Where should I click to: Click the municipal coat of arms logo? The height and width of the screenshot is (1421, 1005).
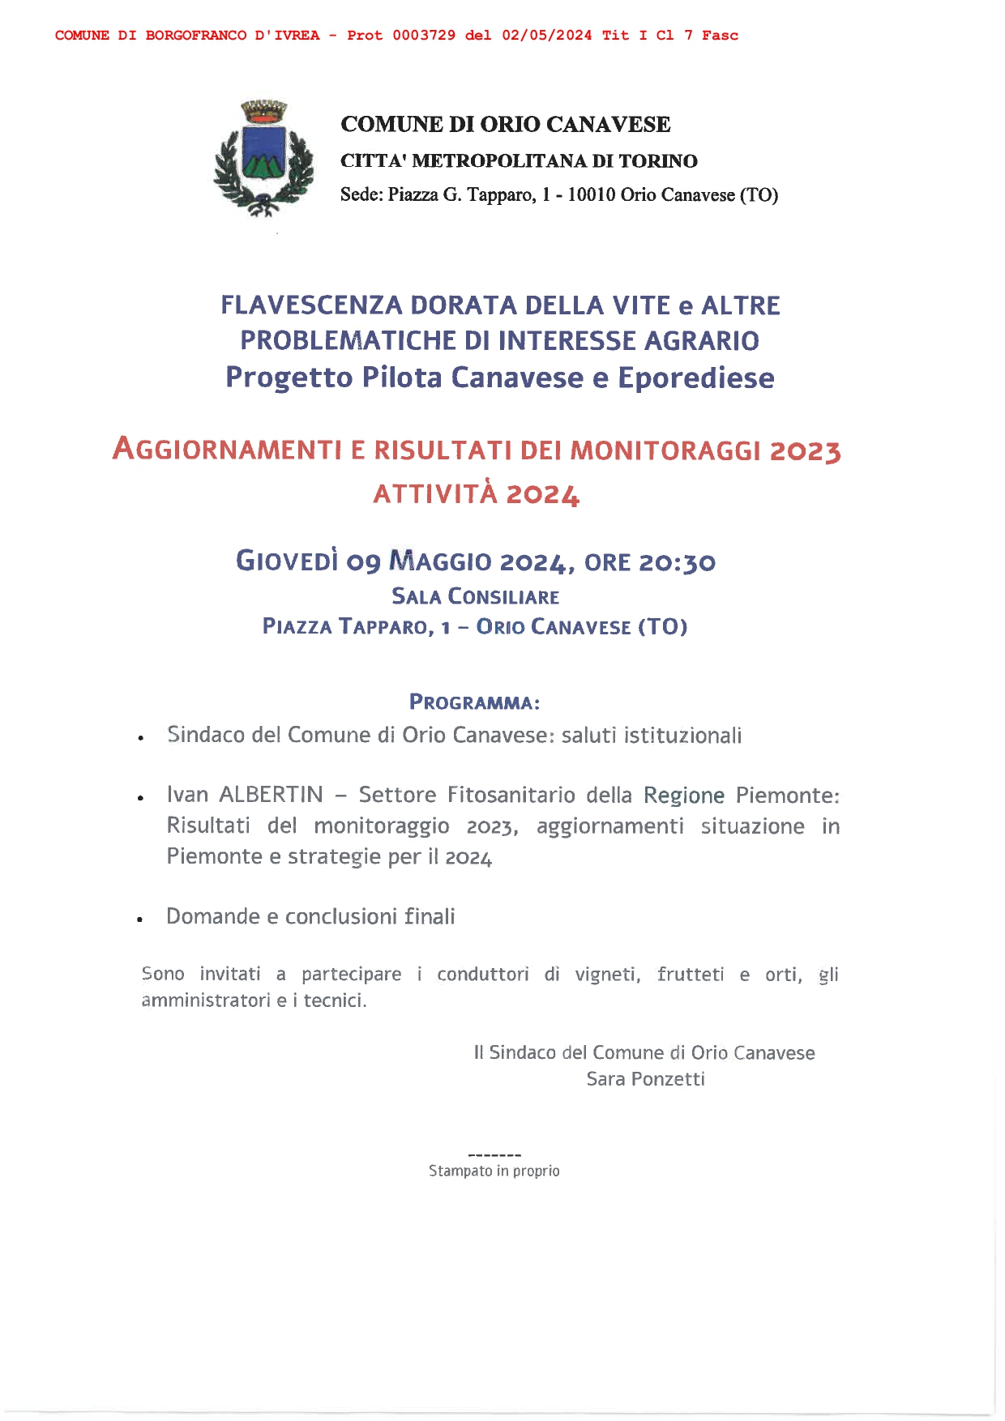[x=263, y=159]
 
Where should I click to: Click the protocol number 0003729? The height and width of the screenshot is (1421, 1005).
[x=423, y=36]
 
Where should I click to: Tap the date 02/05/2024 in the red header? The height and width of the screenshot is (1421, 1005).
[x=547, y=36]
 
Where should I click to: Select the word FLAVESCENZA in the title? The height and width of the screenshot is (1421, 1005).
[x=312, y=305]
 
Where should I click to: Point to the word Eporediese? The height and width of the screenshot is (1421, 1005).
[x=696, y=378]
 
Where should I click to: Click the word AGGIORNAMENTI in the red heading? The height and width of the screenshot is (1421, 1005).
[x=227, y=449]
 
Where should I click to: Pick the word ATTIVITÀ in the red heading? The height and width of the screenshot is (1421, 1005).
[x=435, y=493]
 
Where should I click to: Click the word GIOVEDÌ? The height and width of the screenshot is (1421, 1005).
[x=286, y=561]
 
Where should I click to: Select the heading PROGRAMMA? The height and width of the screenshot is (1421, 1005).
[x=475, y=702]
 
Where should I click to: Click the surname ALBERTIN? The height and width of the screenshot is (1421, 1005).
[x=272, y=795]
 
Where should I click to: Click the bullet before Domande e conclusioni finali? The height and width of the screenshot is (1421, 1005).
[x=140, y=920]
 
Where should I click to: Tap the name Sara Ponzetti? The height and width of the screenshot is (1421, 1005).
[x=645, y=1079]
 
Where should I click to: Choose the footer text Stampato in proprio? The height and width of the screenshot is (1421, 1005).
[x=494, y=1171]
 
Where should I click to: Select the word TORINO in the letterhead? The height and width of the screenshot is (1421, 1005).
[x=658, y=161]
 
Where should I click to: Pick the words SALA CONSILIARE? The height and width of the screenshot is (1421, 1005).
[x=476, y=597]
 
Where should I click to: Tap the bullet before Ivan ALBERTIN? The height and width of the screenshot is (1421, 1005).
[x=140, y=798]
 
